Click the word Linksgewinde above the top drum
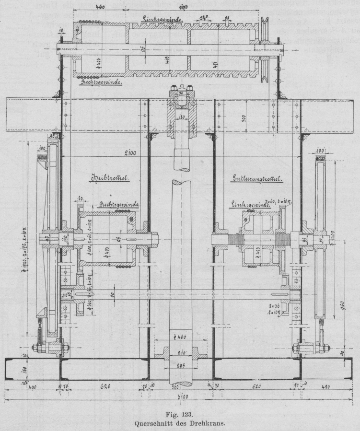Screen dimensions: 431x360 [x=160, y=18]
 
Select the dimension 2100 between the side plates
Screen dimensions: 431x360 [x=128, y=152]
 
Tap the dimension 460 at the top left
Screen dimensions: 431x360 [x=100, y=7]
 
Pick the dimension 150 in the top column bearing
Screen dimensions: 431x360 [x=183, y=116]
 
